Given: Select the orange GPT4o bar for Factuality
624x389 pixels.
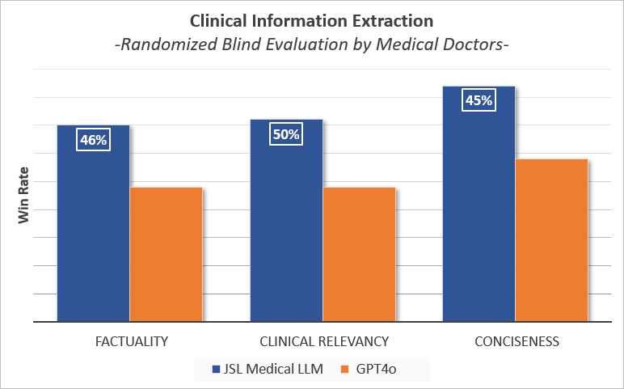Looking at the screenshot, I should (x=166, y=254).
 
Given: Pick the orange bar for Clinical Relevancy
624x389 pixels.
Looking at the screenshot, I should (x=359, y=254).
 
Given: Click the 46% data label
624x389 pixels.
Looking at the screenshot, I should (x=94, y=140).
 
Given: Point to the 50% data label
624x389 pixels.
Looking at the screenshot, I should (x=286, y=134).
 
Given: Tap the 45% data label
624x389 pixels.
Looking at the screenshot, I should (x=479, y=101).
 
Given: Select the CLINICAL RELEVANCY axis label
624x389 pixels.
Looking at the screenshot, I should (x=324, y=341).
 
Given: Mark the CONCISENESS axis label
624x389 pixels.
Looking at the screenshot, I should (x=516, y=341).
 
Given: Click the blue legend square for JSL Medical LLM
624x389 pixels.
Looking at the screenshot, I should (x=216, y=369).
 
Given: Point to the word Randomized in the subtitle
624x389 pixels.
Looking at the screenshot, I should (x=166, y=45).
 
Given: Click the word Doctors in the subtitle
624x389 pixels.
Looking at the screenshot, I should (x=473, y=45).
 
